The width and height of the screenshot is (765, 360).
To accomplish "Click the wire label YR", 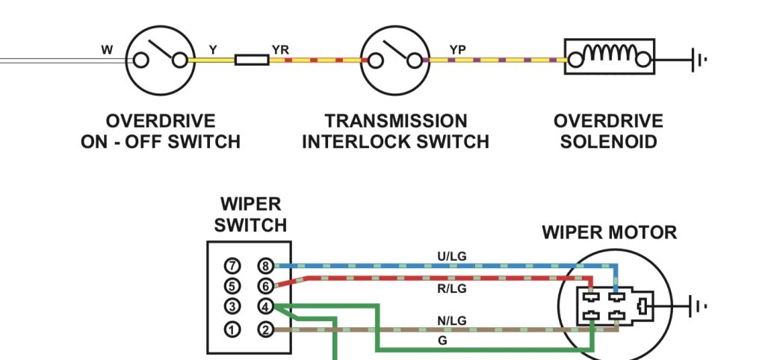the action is click(280, 50).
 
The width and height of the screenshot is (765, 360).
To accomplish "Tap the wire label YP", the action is click(458, 50).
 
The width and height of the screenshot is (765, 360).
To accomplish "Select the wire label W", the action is click(107, 50).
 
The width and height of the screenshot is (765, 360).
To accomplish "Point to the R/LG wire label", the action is click(452, 289).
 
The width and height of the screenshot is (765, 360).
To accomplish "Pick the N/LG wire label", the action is click(452, 320).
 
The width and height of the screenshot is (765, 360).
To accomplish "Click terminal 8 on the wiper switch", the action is click(265, 266).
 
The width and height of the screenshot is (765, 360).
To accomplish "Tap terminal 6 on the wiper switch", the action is click(265, 286).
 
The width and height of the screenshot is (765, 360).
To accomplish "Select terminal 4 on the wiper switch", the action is click(265, 307).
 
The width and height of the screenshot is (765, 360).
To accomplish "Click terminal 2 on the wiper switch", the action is click(265, 330).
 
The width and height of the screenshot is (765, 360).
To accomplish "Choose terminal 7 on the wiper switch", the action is click(233, 266).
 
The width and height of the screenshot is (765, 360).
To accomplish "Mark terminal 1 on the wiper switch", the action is click(233, 330).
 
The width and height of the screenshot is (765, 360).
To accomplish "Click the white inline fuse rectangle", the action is click(252, 60).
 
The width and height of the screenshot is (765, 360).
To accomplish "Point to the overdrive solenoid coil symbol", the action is click(610, 57).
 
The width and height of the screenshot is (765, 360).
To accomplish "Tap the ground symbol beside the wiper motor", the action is click(698, 306).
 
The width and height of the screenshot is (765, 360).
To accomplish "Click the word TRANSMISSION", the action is click(396, 121).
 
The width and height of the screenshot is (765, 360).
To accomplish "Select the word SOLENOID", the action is click(608, 142).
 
